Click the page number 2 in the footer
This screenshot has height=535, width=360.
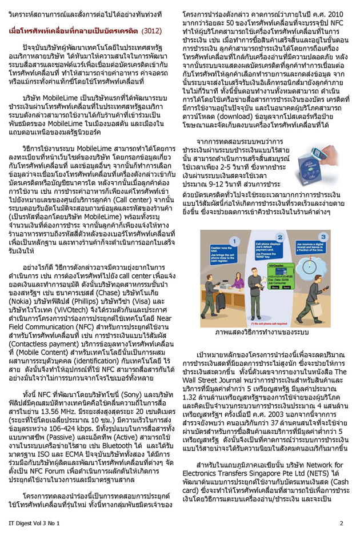click(x=341, y=522)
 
